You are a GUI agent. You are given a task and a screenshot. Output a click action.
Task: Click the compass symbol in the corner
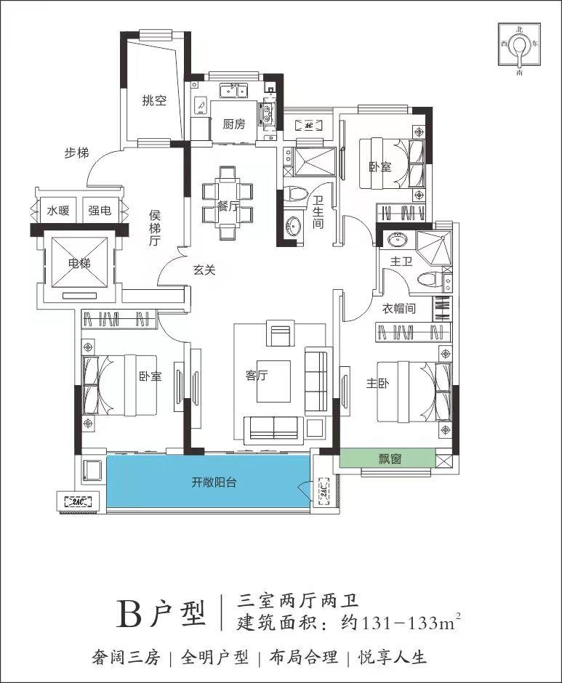coord(519,45)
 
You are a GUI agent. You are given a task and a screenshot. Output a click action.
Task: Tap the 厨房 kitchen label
coord(234,124)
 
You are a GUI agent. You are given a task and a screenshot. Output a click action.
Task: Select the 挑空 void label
coord(154,100)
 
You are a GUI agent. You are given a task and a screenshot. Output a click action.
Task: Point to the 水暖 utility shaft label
coord(58,211)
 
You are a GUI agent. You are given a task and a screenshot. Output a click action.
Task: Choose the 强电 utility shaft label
coord(100,211)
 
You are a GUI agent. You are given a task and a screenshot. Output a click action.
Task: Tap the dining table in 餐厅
coord(228,203)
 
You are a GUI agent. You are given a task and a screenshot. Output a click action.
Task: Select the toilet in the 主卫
coord(429,279)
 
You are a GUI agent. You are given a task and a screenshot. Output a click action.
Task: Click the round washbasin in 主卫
coord(397,239)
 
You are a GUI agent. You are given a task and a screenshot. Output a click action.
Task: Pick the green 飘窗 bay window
coord(388,458)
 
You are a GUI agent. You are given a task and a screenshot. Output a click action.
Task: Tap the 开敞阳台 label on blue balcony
coord(214,482)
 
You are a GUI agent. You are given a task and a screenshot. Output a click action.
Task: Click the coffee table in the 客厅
coord(273,381)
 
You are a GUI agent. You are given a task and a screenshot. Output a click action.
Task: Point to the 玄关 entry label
coord(204,270)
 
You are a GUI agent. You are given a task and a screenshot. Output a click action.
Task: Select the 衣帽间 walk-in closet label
coord(399,308)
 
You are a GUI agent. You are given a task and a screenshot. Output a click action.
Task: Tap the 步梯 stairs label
coord(77,153)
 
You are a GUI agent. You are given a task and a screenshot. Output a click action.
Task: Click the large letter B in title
coord(129,614)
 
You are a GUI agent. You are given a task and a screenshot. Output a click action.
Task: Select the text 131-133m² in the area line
coord(409,623)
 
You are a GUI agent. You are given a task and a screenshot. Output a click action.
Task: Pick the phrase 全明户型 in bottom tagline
coord(215,658)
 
